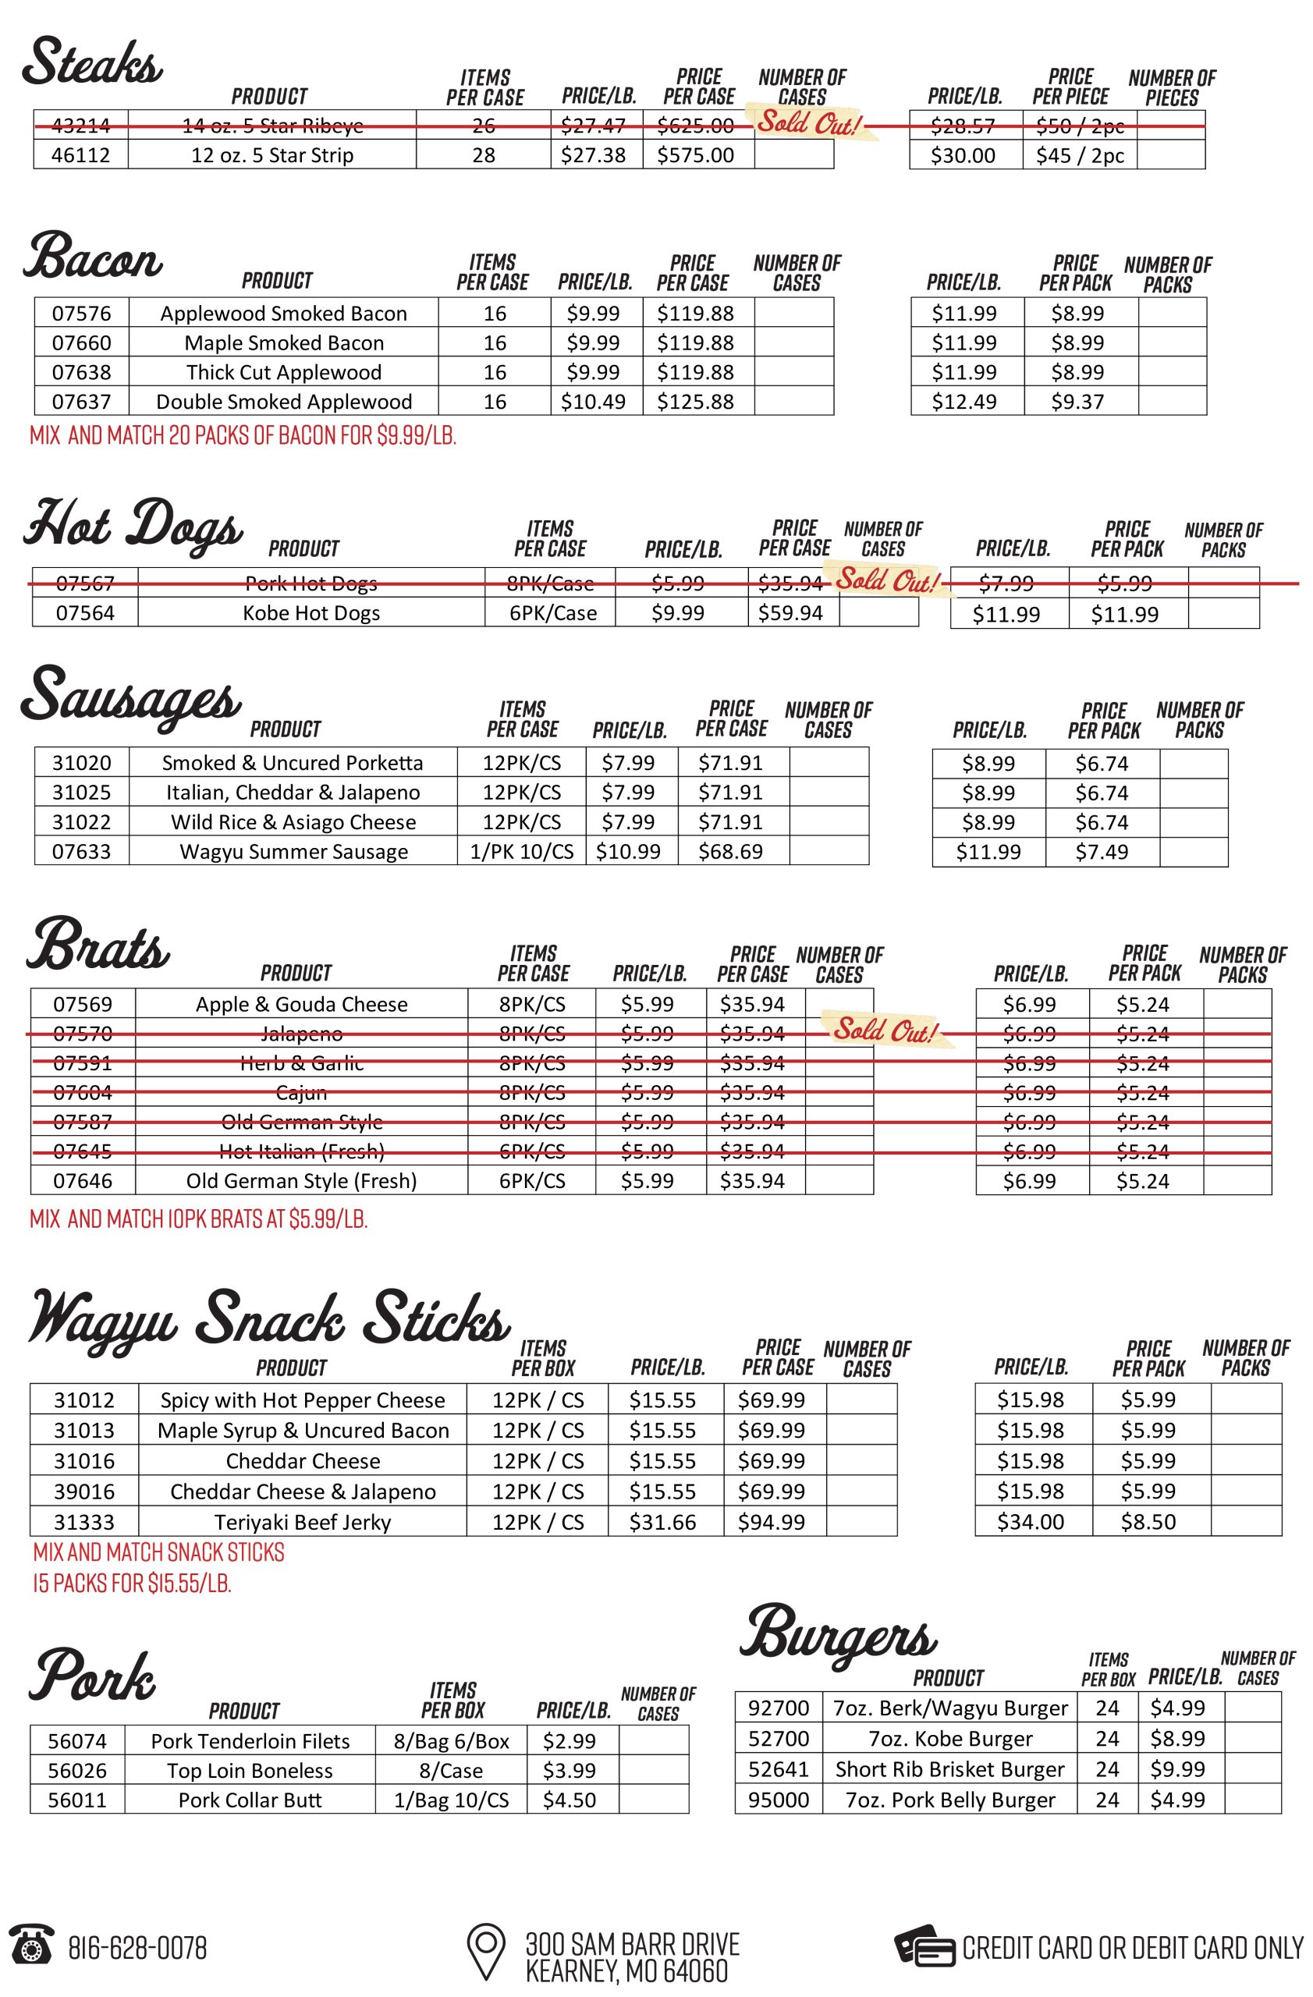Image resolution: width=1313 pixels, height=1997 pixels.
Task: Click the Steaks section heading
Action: click(x=92, y=63)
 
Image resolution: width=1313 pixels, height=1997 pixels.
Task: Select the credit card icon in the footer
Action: click(x=924, y=1946)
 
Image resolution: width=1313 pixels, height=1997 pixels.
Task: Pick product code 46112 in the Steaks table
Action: click(x=80, y=155)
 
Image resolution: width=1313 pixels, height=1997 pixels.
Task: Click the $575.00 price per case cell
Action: click(x=696, y=155)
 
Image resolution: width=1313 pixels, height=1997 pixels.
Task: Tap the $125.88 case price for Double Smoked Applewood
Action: click(x=696, y=402)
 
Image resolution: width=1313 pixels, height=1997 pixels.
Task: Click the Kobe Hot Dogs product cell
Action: click(x=311, y=613)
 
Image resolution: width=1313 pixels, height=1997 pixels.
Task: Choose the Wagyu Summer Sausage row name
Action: click(x=293, y=852)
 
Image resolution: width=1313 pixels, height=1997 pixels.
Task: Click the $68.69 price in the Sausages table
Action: click(x=731, y=852)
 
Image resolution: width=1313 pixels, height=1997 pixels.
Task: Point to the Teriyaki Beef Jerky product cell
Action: click(x=302, y=1522)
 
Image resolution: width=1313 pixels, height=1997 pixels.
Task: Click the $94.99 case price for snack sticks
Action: click(x=771, y=1522)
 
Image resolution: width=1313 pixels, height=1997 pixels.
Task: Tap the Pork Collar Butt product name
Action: click(x=250, y=1800)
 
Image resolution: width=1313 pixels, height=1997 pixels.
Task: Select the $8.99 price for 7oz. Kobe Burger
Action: click(x=1178, y=1739)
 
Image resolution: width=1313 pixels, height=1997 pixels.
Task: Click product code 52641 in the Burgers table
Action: click(x=779, y=1768)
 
